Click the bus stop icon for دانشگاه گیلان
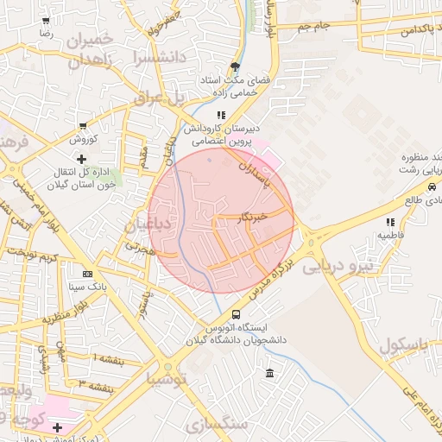coord(237,315)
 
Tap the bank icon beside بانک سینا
coord(86,273)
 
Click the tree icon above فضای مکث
coord(235,66)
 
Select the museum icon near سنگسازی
coord(270,374)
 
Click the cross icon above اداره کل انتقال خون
coord(81,159)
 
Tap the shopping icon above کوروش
coord(82,126)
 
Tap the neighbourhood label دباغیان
coord(143,226)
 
